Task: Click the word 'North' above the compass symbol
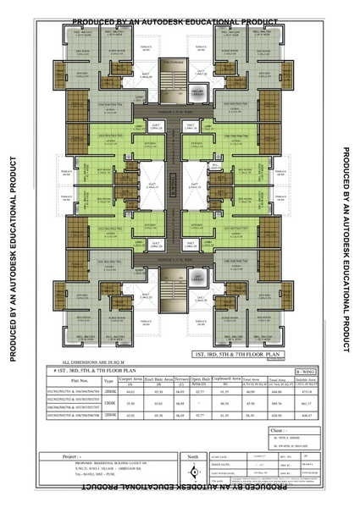click(x=191, y=455)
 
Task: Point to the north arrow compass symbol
click(x=192, y=472)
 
